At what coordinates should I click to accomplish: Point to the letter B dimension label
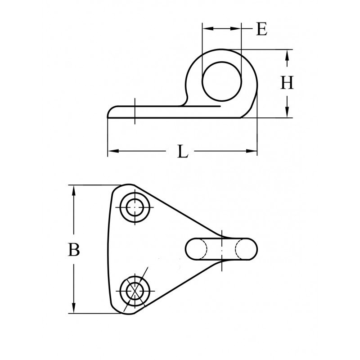pyautogui.click(x=74, y=249)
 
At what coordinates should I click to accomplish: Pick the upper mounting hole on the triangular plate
pyautogui.click(x=135, y=208)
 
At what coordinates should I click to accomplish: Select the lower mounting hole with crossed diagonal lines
pyautogui.click(x=135, y=290)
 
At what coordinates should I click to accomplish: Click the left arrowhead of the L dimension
pyautogui.click(x=112, y=151)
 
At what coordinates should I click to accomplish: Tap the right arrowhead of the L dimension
pyautogui.click(x=253, y=151)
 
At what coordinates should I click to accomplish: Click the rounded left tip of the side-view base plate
pyautogui.click(x=109, y=112)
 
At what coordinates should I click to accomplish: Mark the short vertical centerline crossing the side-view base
pyautogui.click(x=135, y=111)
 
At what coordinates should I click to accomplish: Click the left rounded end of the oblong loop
pyautogui.click(x=193, y=249)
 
